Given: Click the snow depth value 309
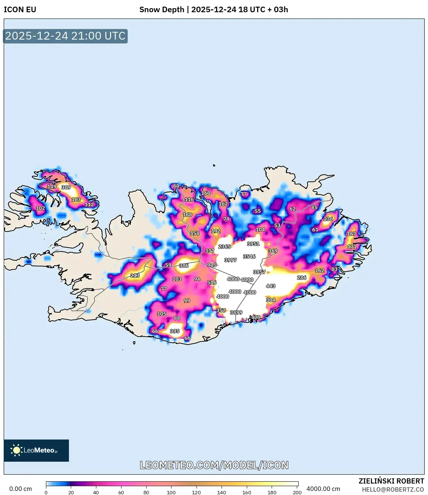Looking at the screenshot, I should tap(66, 187).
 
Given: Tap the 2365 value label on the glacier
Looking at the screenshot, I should tap(224, 247).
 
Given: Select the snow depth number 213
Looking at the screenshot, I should tap(135, 275).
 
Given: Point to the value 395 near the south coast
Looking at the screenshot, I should tap(175, 331).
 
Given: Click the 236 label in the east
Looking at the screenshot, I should tap(328, 219).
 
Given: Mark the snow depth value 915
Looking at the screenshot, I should tap(212, 265).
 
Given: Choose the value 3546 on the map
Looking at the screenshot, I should tap(249, 256).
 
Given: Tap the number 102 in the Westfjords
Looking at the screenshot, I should tap(40, 208).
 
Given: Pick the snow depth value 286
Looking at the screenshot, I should tap(302, 277).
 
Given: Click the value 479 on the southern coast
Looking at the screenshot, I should tap(256, 317).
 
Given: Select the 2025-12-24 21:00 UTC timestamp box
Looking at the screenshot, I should tap(65, 36).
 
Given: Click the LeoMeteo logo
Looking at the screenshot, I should tap(36, 450).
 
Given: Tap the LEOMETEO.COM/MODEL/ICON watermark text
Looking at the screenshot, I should tap(214, 465).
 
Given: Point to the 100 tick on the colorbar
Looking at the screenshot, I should tap(171, 492).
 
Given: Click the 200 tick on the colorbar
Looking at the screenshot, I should tap(297, 492).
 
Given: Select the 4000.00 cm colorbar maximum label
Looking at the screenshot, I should tap(323, 489).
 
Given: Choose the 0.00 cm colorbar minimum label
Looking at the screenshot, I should tap(20, 489).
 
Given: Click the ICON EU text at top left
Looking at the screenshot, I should tap(20, 10).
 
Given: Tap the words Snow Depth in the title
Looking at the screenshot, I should tap(162, 10).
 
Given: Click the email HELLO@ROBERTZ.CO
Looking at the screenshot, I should tap(393, 489).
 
